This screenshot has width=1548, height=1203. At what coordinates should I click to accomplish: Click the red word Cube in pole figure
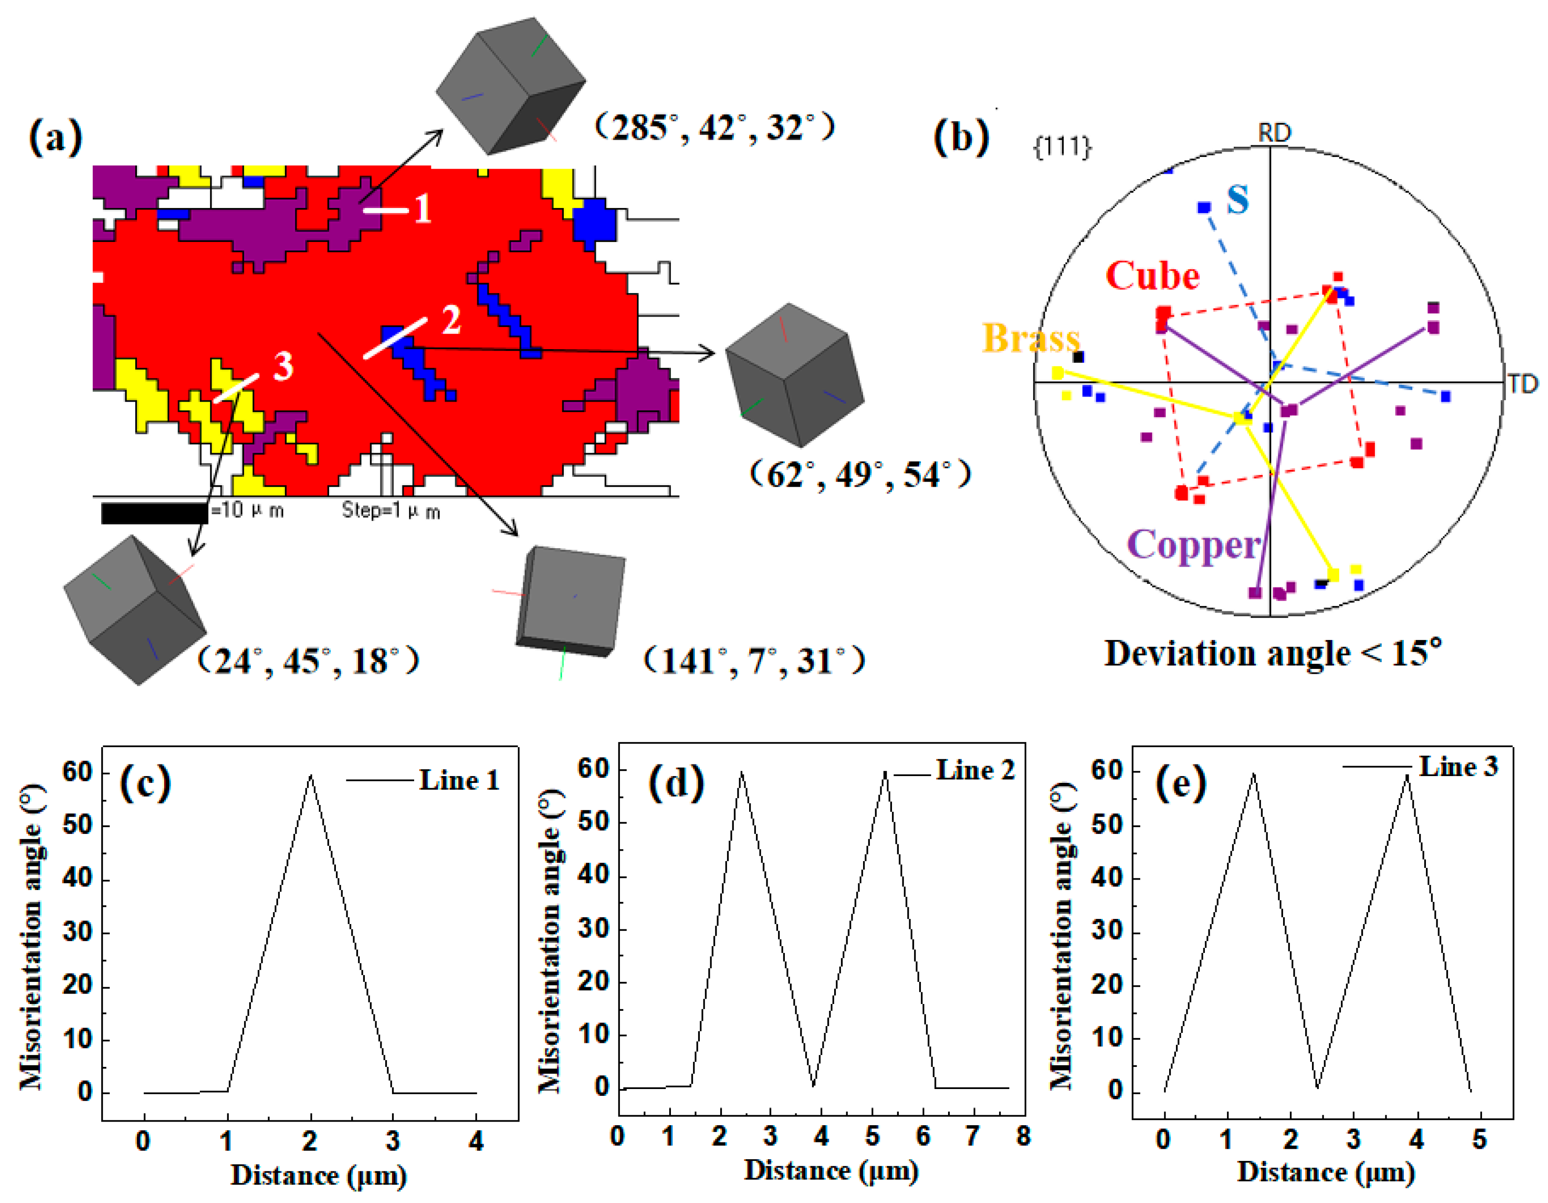tap(1152, 276)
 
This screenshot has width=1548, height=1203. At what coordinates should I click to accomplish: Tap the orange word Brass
tap(1031, 338)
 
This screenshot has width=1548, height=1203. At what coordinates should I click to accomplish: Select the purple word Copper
tap(1193, 545)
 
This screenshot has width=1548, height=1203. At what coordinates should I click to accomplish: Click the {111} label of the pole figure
tap(1062, 147)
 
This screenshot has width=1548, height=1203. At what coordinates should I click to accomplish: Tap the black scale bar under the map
tap(154, 512)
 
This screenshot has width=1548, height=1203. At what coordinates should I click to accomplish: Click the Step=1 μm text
tap(391, 511)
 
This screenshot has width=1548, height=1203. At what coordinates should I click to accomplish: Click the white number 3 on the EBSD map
tap(283, 366)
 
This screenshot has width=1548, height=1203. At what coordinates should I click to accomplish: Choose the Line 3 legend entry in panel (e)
tap(1458, 766)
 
